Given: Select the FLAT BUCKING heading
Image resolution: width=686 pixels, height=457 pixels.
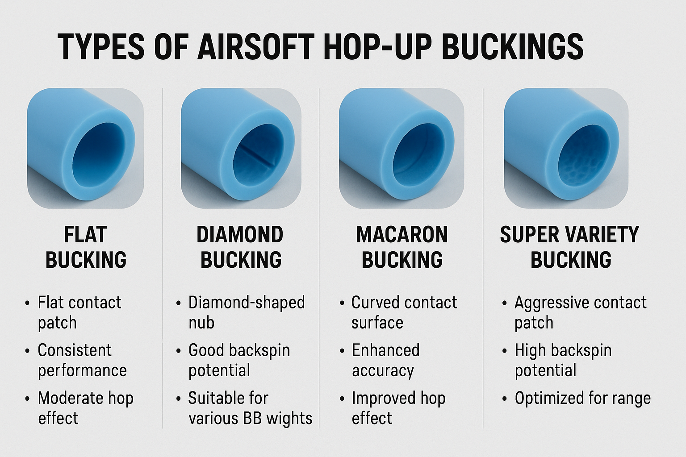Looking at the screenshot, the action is (x=86, y=247).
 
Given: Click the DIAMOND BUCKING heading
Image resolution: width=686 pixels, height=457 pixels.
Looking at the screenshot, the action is (x=240, y=247).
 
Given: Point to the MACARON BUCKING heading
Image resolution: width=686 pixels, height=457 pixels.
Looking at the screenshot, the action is (x=402, y=247).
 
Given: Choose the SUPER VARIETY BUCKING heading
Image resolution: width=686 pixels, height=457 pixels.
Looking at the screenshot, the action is (x=569, y=247).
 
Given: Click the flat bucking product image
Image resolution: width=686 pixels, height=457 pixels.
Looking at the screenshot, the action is (x=85, y=149).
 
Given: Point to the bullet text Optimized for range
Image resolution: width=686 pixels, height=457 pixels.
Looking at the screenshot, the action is (x=582, y=398).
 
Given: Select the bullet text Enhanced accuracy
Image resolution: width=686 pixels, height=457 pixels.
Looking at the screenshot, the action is (x=385, y=360).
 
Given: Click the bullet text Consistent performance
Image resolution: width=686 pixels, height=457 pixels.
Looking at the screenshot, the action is (x=82, y=360).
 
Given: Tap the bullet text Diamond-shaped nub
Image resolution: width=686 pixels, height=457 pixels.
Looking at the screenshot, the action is (x=247, y=312).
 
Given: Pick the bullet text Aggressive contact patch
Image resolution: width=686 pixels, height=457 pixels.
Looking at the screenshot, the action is (x=580, y=312).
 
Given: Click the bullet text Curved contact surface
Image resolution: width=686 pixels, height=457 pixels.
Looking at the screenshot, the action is (x=404, y=312).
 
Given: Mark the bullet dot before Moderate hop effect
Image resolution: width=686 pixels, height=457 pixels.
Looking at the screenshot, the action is (x=28, y=399).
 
